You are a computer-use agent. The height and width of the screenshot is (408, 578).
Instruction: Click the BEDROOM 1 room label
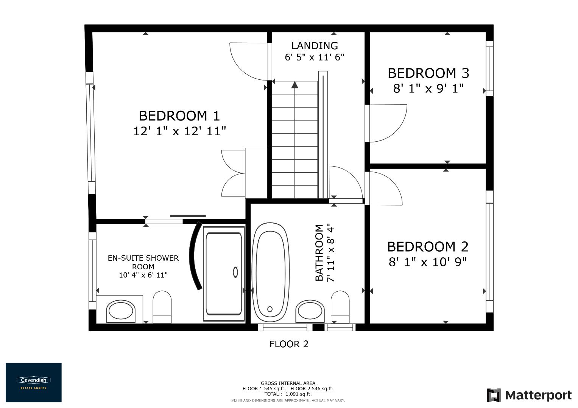(x=179, y=115)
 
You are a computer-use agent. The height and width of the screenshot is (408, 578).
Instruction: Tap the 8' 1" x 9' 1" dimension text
(x=428, y=89)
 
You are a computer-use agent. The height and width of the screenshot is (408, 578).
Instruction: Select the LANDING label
(x=314, y=46)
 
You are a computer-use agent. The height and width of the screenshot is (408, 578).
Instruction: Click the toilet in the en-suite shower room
(x=162, y=307)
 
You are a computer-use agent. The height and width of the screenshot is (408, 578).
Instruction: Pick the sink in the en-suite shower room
(x=121, y=311)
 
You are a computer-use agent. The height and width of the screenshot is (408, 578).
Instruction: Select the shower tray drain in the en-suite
(x=235, y=272)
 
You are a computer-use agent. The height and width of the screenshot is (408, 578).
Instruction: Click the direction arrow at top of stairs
(x=295, y=85)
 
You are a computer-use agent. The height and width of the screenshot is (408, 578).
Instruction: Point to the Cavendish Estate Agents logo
(x=33, y=382)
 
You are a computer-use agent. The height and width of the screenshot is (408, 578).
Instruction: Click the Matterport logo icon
(x=494, y=395)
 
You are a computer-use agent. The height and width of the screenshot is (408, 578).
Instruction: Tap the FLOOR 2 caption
(x=289, y=344)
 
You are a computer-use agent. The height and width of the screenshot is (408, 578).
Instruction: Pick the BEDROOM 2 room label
(x=428, y=247)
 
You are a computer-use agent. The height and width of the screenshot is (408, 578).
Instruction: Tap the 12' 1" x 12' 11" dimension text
(x=179, y=131)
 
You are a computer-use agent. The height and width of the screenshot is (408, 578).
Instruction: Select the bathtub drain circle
(x=270, y=309)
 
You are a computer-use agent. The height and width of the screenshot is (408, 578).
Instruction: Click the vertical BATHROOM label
(x=319, y=253)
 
